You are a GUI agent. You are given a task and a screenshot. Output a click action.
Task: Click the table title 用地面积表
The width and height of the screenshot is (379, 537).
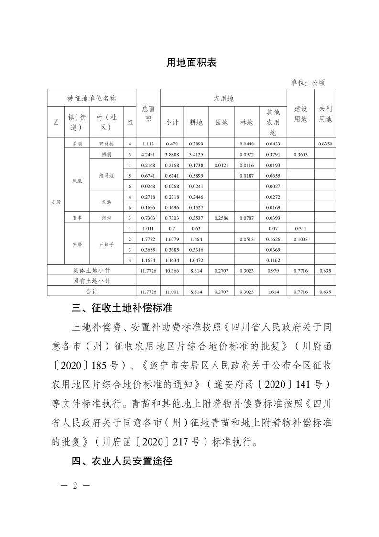[191, 62]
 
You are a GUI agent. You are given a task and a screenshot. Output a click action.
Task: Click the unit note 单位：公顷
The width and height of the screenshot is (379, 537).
[307, 82]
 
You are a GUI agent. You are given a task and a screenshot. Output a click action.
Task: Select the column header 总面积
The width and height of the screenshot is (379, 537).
[148, 114]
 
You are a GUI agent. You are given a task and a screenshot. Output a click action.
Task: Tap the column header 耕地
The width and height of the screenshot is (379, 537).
[196, 123]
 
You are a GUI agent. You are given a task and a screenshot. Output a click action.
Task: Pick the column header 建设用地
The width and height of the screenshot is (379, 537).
[301, 114]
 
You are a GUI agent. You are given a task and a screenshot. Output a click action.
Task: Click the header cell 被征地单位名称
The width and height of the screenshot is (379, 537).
[91, 98]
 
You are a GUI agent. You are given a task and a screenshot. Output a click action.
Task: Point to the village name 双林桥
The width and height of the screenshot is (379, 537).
[106, 144]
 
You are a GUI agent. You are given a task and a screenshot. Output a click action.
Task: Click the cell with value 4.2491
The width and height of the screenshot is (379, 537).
[148, 154]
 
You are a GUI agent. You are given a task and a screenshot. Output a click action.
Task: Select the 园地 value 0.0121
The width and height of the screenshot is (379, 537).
[221, 165]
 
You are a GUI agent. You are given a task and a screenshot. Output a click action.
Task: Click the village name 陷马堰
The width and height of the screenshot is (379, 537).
[106, 175]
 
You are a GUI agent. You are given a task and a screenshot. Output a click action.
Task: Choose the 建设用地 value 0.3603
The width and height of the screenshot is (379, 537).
[301, 154]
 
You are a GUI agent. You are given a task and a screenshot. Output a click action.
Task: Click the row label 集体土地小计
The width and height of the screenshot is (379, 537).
[91, 270]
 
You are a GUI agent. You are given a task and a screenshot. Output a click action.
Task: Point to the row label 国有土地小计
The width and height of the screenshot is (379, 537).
[91, 280]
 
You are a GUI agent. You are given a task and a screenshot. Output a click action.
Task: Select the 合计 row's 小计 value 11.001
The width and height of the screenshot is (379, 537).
[172, 291]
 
